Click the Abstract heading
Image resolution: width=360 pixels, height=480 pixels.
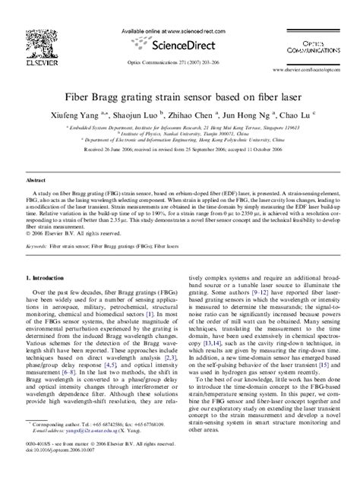click(37, 160)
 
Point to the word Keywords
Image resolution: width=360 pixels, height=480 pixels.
click(36, 226)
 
